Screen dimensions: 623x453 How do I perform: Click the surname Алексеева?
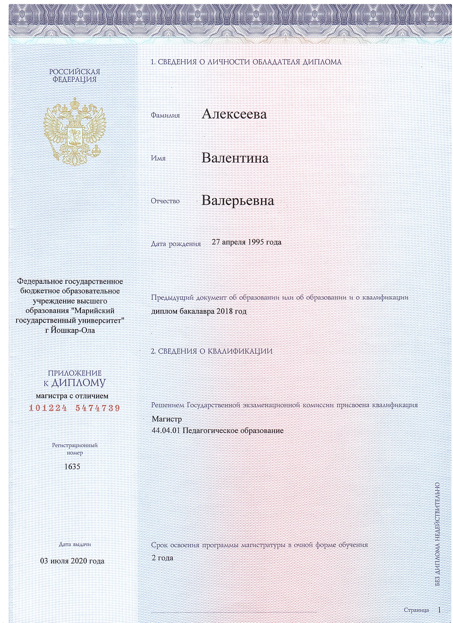coord(234,114)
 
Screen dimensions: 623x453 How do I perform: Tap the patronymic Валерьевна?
coord(238,201)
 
